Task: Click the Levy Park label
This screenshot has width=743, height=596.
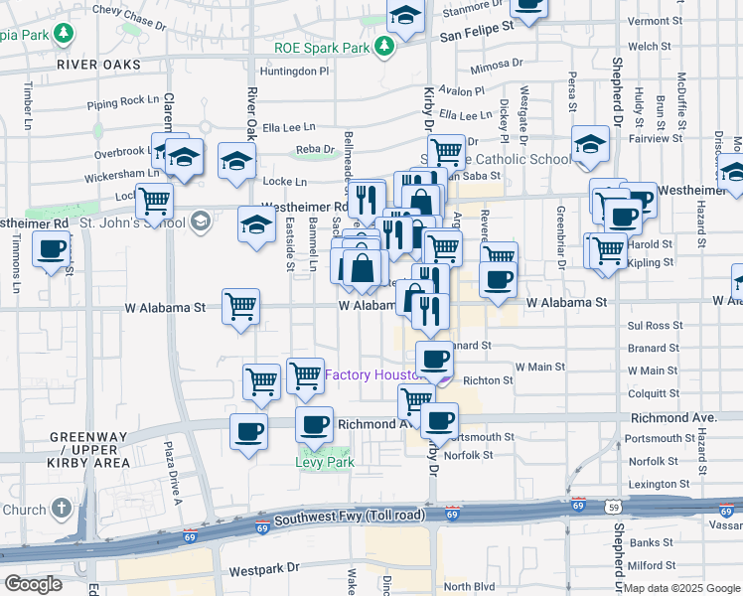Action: click(317, 461)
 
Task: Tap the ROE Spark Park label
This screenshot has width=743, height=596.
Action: click(322, 47)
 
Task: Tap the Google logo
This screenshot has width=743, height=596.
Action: click(33, 584)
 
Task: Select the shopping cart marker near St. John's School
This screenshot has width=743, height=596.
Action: click(155, 200)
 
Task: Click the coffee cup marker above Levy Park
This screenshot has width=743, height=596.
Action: click(315, 424)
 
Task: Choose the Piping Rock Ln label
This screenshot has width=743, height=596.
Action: click(123, 101)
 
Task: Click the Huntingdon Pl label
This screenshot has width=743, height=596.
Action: click(293, 72)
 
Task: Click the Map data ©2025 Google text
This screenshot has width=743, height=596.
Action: click(682, 588)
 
